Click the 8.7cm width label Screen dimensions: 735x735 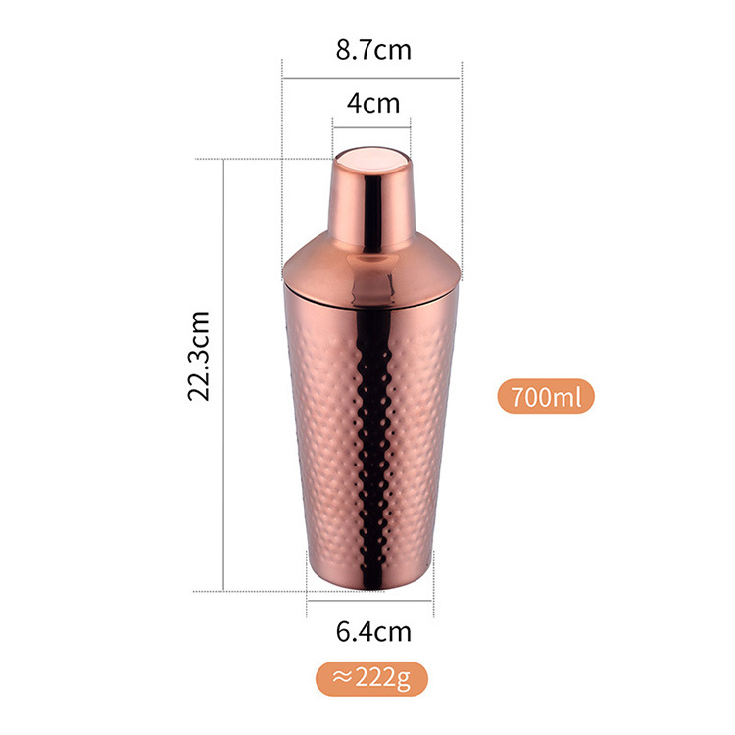click(x=373, y=50)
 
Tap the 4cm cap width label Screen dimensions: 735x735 click(x=373, y=103)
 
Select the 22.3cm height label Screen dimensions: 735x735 click(x=198, y=356)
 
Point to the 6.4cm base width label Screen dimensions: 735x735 click(x=373, y=632)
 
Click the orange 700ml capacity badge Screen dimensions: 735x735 click(x=546, y=396)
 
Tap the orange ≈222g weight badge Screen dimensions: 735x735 click(x=371, y=679)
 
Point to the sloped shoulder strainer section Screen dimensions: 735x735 click(x=372, y=271)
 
